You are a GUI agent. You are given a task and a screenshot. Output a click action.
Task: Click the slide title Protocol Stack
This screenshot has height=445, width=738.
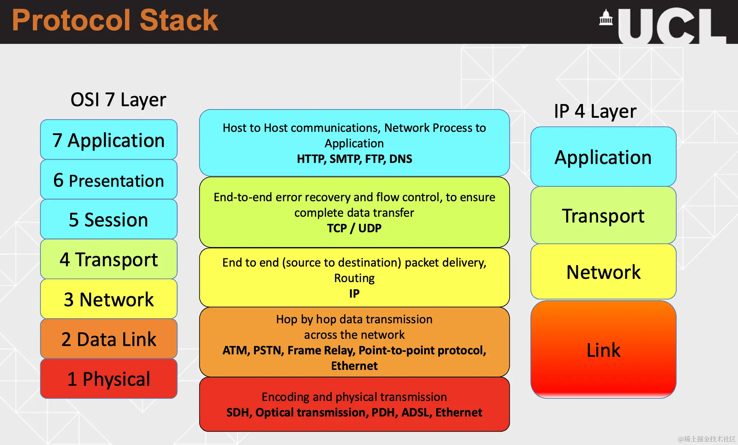coord(115,20)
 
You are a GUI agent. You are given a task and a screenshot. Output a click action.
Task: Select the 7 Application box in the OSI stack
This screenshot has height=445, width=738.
coord(109,139)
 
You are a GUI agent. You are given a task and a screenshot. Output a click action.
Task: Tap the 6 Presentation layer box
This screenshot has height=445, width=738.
coord(109,180)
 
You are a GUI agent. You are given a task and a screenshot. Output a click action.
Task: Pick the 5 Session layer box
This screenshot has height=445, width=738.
coord(109,219)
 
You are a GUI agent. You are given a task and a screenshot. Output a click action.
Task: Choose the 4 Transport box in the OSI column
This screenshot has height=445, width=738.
coord(109,259)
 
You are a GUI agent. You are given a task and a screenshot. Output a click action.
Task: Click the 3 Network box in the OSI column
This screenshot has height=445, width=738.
coord(109,299)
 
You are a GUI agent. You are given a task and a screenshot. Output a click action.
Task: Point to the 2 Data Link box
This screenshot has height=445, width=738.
coord(109,338)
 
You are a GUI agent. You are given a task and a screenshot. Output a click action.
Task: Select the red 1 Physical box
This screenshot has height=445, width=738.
coord(109,379)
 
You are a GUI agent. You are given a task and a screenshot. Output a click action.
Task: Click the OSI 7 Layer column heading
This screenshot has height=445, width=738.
coord(118,100)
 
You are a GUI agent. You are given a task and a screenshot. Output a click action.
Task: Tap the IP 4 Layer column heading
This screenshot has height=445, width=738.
coord(595,111)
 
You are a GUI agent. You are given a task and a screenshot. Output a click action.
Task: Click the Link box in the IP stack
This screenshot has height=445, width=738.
coord(603,349)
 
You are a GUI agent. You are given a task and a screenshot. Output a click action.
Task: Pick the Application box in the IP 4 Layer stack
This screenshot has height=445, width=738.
coord(603,157)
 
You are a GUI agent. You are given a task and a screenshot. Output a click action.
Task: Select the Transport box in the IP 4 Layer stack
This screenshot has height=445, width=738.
coord(603,215)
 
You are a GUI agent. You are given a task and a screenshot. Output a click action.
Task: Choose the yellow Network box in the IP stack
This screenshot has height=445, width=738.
coord(603,272)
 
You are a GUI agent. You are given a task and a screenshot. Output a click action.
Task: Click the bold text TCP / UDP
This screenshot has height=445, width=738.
coord(354,228)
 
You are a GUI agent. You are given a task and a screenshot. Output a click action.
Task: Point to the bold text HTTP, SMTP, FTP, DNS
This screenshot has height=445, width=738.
coord(354,159)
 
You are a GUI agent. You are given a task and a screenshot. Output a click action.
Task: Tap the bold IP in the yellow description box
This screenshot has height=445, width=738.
coord(354,293)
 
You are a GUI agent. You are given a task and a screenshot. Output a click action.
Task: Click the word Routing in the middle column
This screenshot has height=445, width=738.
coord(354,278)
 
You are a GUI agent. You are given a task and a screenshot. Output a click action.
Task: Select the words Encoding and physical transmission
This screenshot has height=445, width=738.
coord(354,397)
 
